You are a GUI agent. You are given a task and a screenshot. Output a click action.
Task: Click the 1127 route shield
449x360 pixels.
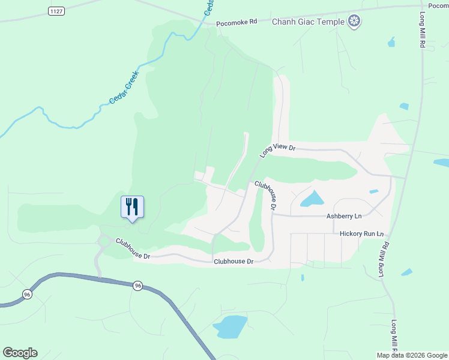click(57, 11)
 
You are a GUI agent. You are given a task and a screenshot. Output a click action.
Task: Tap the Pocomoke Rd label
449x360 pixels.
click(237, 22)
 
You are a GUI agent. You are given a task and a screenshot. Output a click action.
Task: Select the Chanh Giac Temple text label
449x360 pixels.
click(308, 22)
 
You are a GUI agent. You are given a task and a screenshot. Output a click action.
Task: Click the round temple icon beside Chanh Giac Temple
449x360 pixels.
click(355, 22)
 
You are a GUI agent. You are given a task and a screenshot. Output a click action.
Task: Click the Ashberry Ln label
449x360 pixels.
click(344, 216)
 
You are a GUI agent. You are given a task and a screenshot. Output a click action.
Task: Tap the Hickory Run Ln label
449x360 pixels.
click(361, 233)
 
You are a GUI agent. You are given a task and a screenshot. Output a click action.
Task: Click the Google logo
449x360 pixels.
click(20, 353)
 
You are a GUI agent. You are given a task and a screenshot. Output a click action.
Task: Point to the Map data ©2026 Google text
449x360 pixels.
click(411, 355)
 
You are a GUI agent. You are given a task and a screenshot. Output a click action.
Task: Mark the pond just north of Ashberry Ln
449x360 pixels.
click(311, 199)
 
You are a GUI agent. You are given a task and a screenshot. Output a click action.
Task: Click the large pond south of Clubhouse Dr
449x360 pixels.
click(230, 326)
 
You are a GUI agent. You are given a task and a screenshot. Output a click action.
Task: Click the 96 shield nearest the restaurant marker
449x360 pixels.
click(138, 286)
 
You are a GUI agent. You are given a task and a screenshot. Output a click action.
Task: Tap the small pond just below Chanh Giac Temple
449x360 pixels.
click(392, 42)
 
